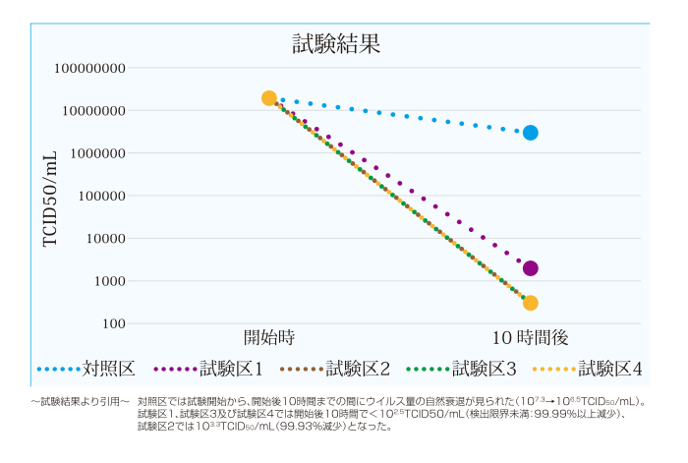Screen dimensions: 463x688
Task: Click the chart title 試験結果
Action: click(336, 43)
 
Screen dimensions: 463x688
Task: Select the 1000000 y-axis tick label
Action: click(98, 153)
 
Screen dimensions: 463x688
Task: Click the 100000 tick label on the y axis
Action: click(102, 196)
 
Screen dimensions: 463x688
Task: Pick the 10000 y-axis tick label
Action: click(106, 239)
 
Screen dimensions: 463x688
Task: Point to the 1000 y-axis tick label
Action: click(110, 281)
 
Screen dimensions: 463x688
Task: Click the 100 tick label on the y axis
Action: click(114, 323)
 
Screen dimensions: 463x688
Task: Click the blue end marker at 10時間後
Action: click(531, 133)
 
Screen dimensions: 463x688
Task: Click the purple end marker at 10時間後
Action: click(531, 268)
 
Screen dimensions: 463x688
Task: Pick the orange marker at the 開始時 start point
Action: click(269, 98)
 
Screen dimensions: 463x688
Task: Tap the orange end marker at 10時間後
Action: click(531, 303)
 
